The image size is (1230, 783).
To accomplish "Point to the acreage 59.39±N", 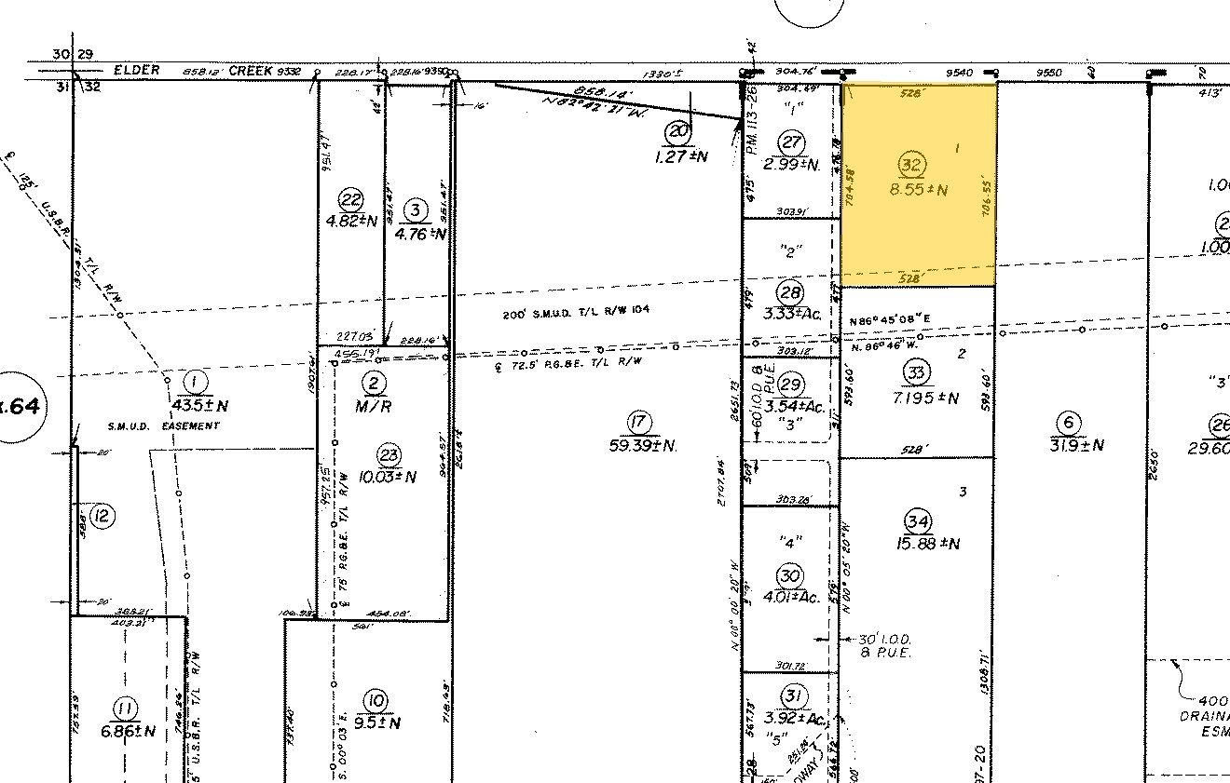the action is [x=641, y=446].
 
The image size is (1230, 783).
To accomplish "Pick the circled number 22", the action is [x=351, y=198].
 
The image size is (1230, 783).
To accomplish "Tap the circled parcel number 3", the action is [x=417, y=209].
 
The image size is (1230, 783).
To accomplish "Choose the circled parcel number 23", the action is [x=388, y=454].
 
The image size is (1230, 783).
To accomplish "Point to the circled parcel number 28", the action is [x=792, y=291].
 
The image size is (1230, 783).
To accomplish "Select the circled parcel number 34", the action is [x=918, y=520].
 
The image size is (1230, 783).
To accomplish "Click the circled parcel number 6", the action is [x=1069, y=423].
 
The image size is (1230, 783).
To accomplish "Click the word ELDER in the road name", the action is [x=137, y=70].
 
